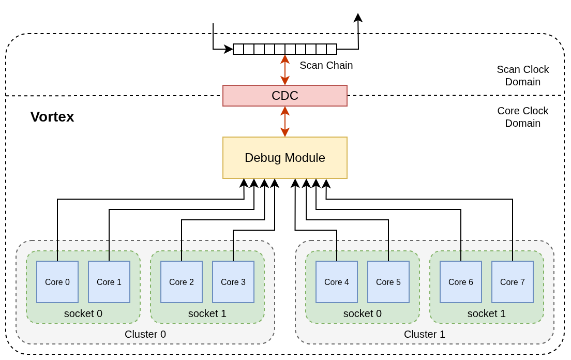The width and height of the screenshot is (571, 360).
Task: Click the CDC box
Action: [284, 96]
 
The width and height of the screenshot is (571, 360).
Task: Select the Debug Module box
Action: [284, 158]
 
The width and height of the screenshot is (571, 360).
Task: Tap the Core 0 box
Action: [57, 282]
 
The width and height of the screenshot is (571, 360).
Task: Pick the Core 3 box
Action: [233, 282]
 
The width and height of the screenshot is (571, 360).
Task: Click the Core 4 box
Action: [337, 282]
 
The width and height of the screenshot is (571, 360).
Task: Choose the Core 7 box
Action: [513, 282]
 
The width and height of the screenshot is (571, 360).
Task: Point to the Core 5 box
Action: [388, 282]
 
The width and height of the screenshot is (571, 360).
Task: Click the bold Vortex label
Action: [52, 117]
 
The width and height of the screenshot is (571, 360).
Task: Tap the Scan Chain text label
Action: [326, 65]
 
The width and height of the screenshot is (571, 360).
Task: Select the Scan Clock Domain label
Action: [522, 76]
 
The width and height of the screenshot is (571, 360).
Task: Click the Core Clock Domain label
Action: [522, 117]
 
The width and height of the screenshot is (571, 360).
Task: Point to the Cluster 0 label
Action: [145, 334]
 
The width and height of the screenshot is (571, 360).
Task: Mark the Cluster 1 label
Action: [425, 334]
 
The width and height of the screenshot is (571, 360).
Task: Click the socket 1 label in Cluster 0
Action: [207, 313]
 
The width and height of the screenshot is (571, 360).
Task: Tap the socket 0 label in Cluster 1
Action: [363, 313]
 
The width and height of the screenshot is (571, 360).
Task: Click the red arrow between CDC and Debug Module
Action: [285, 122]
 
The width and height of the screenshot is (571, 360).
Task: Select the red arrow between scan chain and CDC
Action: [285, 70]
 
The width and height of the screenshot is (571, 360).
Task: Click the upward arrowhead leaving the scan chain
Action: [358, 18]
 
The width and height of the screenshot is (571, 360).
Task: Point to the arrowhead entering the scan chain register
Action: [229, 49]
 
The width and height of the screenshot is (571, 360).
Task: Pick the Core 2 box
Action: [182, 282]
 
